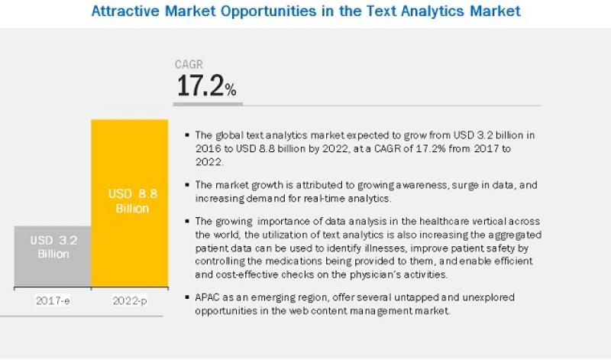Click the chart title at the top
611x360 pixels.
click(305, 11)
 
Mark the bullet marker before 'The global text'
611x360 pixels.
click(188, 134)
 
